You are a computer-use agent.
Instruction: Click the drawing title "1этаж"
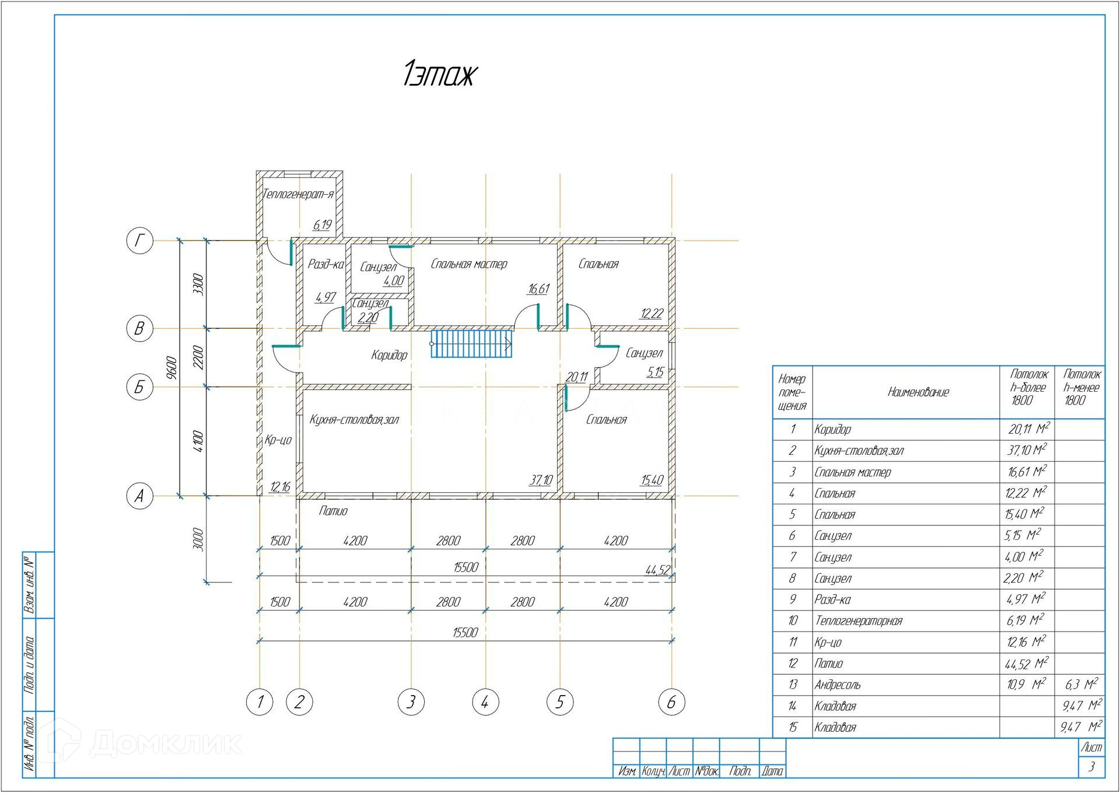pyautogui.click(x=440, y=74)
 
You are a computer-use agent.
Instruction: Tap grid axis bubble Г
pyautogui.click(x=139, y=240)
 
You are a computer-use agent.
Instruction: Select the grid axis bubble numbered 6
pyautogui.click(x=671, y=702)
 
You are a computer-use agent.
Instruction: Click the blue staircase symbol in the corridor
pyautogui.click(x=471, y=343)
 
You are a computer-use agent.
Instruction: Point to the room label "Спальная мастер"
pyautogui.click(x=469, y=264)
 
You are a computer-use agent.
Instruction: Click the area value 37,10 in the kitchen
pyautogui.click(x=541, y=480)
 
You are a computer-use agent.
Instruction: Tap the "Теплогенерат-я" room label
pyautogui.click(x=298, y=194)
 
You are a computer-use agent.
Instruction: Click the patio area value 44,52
pyautogui.click(x=657, y=570)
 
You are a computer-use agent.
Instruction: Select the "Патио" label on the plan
pyautogui.click(x=333, y=511)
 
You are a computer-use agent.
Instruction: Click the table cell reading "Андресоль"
pyautogui.click(x=838, y=685)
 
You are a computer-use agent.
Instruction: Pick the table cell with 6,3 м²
pyautogui.click(x=1081, y=684)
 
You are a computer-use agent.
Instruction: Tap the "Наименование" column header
pyautogui.click(x=918, y=392)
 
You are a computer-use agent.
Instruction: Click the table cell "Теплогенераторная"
pyautogui.click(x=859, y=621)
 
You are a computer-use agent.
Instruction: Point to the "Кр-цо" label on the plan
pyautogui.click(x=278, y=440)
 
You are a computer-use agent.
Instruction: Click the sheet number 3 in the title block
pyautogui.click(x=1091, y=767)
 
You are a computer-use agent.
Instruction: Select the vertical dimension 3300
pyautogui.click(x=199, y=284)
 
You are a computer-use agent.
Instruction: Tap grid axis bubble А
pyautogui.click(x=139, y=496)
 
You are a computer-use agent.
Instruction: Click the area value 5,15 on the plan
pyautogui.click(x=655, y=372)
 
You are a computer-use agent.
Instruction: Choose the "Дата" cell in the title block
pyautogui.click(x=772, y=771)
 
